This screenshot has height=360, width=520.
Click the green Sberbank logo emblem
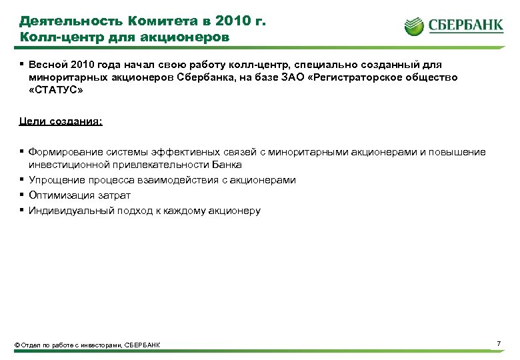414,27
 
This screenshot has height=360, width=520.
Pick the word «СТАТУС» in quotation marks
57,90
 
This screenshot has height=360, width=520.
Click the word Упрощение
55,180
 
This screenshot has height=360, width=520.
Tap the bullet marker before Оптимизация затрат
22,195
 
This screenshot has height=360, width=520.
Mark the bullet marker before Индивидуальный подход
22,211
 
